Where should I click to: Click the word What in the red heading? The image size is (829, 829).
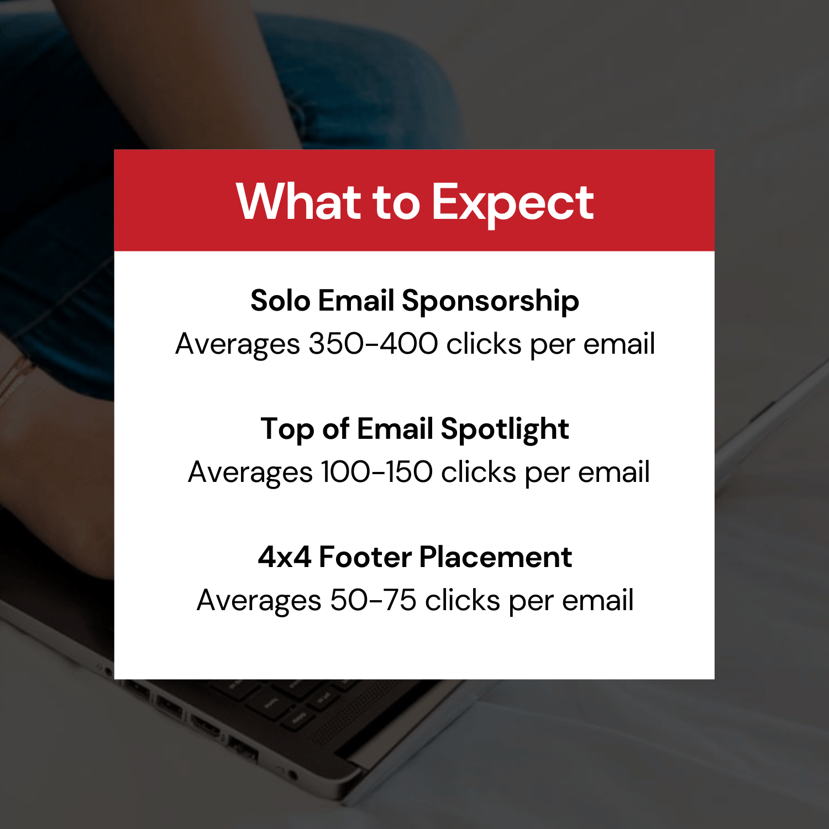(298, 202)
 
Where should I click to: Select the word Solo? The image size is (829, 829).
(280, 301)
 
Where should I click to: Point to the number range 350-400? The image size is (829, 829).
(373, 344)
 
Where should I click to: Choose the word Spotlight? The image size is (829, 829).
(505, 429)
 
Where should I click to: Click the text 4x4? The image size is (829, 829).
(284, 557)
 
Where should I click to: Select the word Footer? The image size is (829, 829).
(365, 557)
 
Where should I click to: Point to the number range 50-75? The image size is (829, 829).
(373, 600)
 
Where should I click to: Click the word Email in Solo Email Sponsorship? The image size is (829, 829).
(356, 301)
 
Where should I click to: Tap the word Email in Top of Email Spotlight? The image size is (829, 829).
(395, 429)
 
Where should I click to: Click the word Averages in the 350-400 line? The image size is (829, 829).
(238, 344)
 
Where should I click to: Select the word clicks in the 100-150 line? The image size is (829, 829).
(478, 472)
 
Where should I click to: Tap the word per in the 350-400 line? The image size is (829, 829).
(552, 345)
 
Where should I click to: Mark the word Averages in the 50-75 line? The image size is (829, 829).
(259, 601)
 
